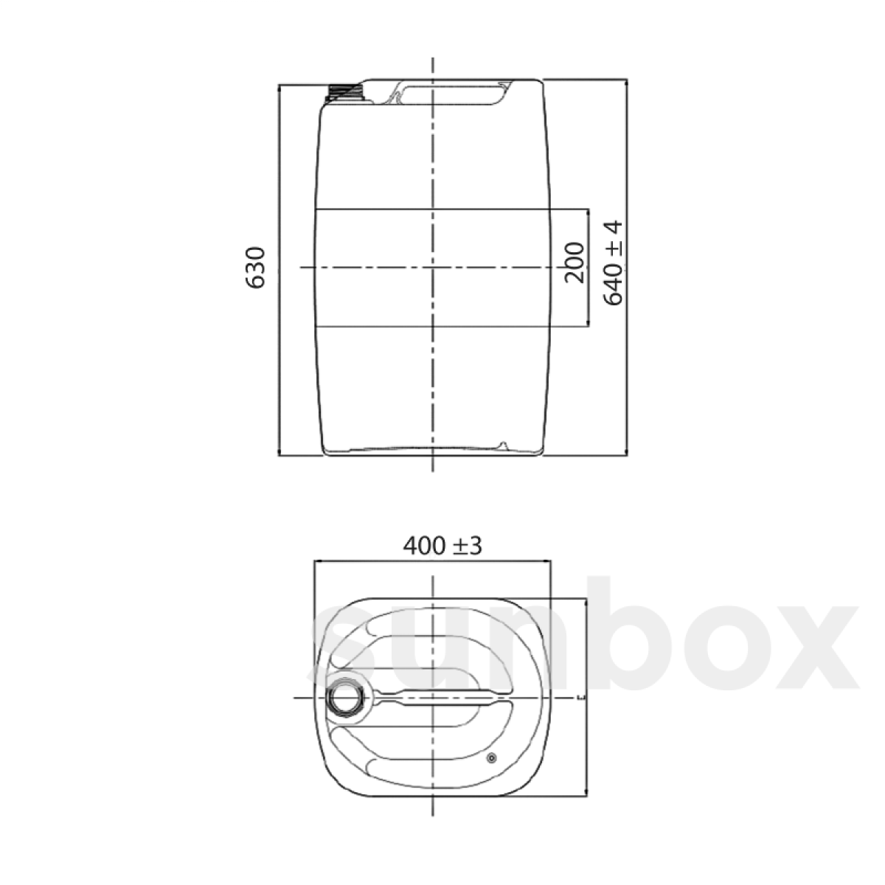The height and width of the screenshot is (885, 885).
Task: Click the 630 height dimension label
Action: pyautogui.click(x=254, y=268)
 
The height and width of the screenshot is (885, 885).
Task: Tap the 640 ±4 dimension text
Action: pyautogui.click(x=614, y=263)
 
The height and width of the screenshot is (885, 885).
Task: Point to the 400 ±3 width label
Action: pyautogui.click(x=442, y=546)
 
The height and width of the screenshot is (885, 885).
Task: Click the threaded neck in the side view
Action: pyautogui.click(x=345, y=91)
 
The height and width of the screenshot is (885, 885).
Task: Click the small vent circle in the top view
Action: pyautogui.click(x=492, y=757)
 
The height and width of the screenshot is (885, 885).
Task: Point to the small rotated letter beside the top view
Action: pyautogui.click(x=583, y=697)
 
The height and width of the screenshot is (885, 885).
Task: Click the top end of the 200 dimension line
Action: pyautogui.click(x=588, y=209)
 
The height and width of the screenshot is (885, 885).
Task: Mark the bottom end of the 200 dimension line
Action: pyautogui.click(x=588, y=326)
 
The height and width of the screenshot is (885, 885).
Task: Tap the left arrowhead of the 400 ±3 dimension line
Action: pyautogui.click(x=318, y=561)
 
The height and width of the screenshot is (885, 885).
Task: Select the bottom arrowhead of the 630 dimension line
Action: pyautogui.click(x=278, y=452)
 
